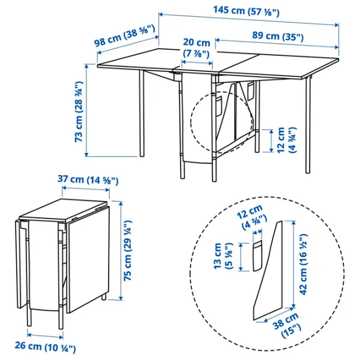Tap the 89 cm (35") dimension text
pyautogui.click(x=277, y=37)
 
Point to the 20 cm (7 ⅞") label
pyautogui.click(x=197, y=48)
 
